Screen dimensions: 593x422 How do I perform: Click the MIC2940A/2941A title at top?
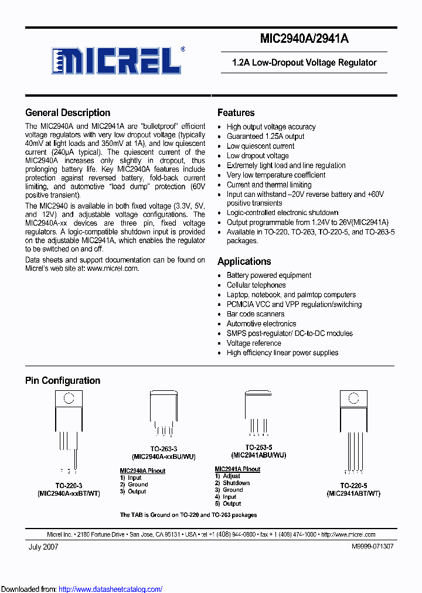(304, 39)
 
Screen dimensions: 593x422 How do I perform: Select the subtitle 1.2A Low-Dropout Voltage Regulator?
(304, 63)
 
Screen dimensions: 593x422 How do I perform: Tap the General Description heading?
(67, 113)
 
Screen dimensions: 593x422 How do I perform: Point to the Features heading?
(236, 113)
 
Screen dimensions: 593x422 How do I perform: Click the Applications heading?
(244, 261)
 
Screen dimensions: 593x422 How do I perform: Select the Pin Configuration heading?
(63, 380)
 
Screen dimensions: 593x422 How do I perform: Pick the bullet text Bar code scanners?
(256, 314)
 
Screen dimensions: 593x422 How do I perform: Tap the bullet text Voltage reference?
(254, 343)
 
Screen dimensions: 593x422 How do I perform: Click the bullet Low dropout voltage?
(257, 156)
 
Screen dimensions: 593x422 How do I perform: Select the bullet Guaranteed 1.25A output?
(266, 136)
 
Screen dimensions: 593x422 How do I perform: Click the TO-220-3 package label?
(69, 486)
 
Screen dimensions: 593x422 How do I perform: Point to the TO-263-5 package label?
(258, 447)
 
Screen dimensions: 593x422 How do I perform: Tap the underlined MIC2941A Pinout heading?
(237, 469)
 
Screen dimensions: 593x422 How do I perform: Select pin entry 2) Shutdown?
(232, 483)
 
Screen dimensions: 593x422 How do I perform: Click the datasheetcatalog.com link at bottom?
(111, 589)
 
